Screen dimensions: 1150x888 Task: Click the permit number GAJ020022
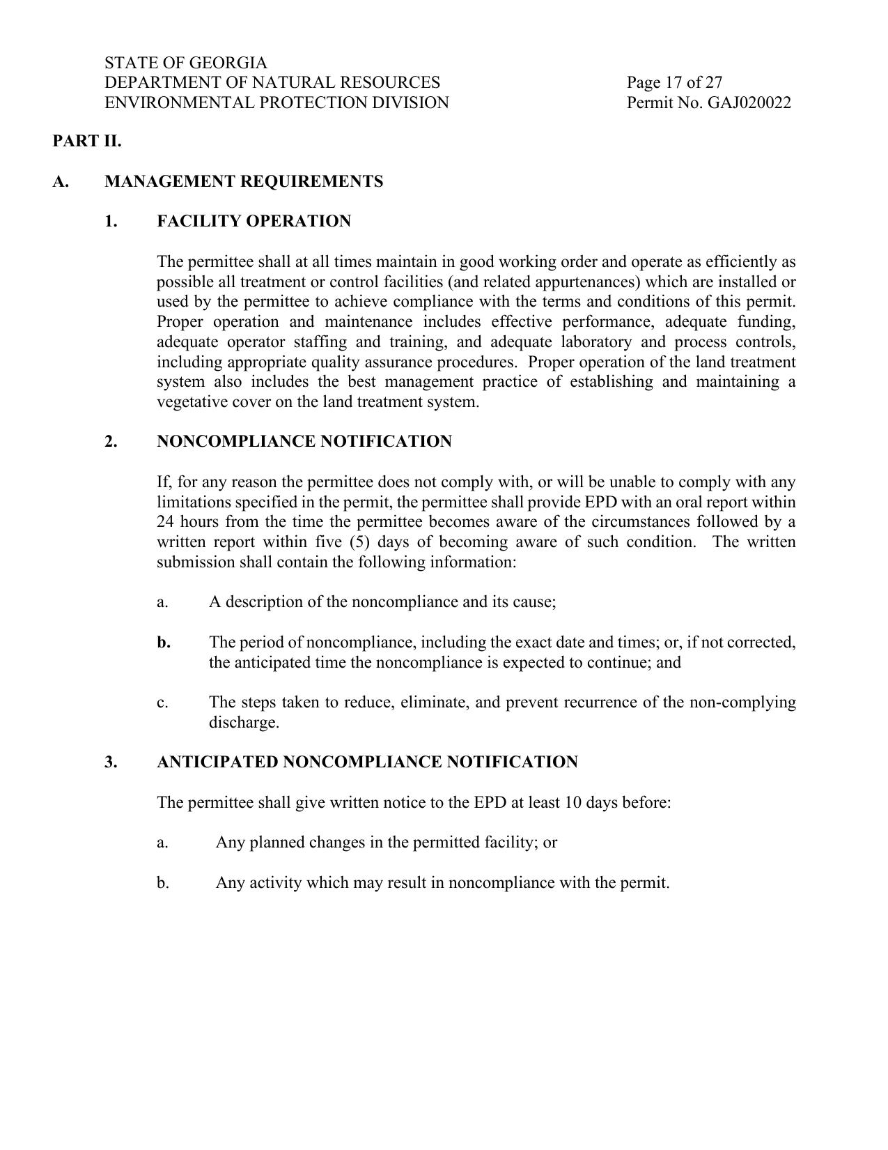(749, 103)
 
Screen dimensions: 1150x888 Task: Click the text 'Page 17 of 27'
(674, 83)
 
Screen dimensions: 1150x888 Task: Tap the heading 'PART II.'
(87, 141)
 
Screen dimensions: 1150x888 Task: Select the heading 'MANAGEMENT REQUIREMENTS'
(244, 182)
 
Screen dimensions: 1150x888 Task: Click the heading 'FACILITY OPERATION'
(254, 222)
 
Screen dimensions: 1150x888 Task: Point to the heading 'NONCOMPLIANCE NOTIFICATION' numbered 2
(304, 442)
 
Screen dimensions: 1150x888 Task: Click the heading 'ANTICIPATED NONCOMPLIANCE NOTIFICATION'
(367, 762)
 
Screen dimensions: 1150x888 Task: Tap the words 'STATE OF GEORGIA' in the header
(186, 63)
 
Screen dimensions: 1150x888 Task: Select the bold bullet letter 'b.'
(164, 643)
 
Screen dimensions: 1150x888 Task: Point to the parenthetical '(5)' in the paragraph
(362, 542)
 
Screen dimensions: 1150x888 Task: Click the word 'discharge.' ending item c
(244, 723)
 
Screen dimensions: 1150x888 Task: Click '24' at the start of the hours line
(166, 522)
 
